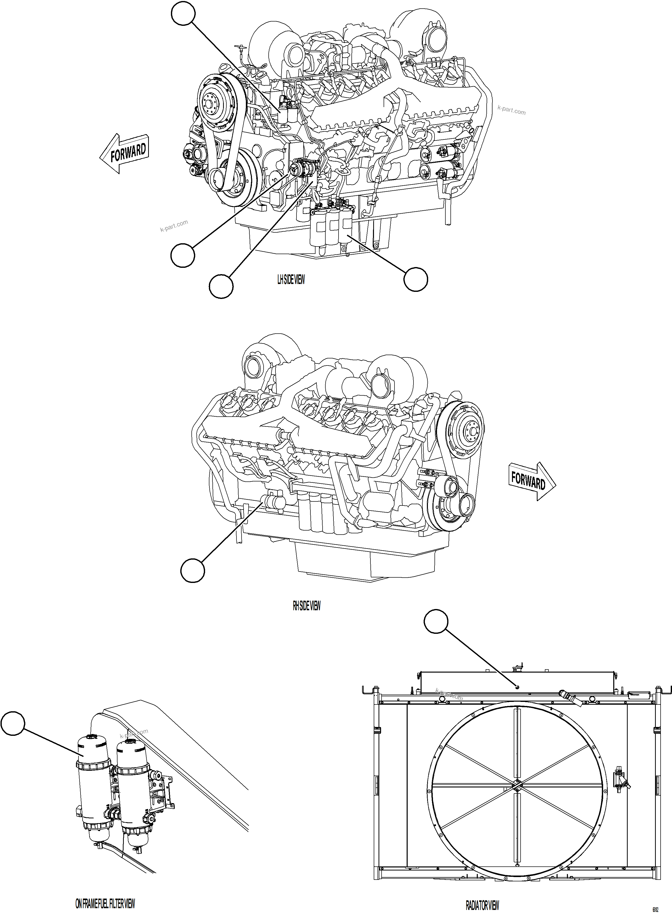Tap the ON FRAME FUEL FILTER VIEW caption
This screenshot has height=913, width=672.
pos(105,892)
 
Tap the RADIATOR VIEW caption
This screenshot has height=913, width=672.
pos(482,894)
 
